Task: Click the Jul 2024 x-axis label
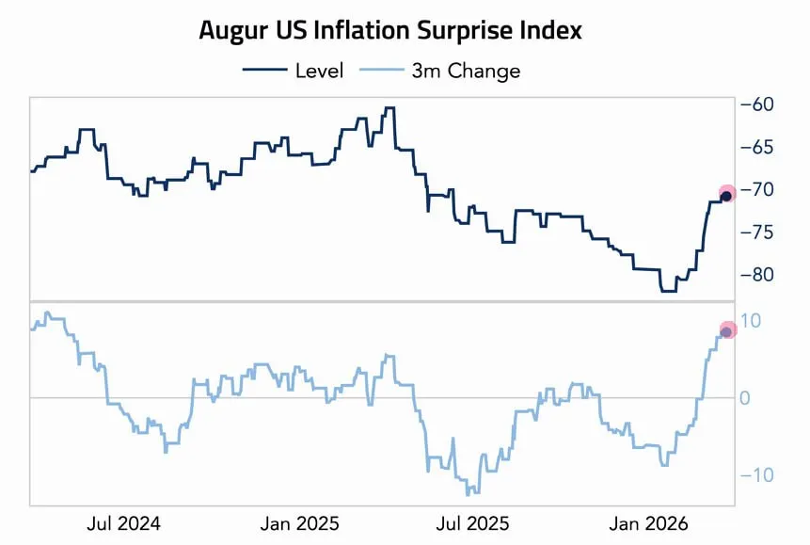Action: pos(123,522)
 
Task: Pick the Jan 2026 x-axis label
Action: pos(649,522)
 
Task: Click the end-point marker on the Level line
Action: pos(726,195)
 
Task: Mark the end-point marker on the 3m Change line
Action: pos(726,331)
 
